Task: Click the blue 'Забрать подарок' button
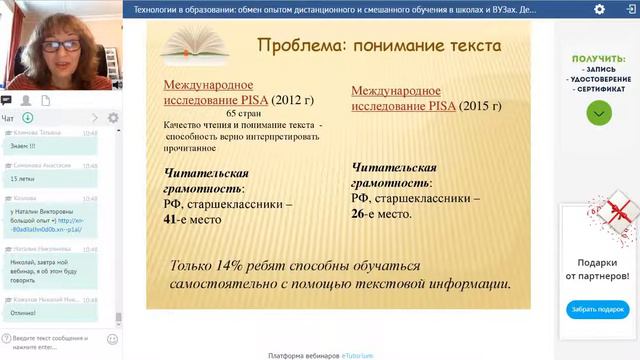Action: (x=597, y=309)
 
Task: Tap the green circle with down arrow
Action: (x=597, y=113)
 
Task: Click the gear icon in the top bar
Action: (x=598, y=9)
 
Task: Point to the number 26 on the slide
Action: (x=363, y=213)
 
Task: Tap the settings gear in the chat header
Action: (x=113, y=118)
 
